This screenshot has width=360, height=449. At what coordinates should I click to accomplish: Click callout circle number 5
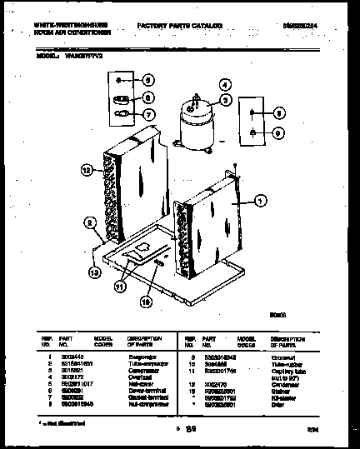point(148,82)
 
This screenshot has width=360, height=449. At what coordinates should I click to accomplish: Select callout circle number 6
point(148,97)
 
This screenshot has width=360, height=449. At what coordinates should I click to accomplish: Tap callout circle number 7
point(148,113)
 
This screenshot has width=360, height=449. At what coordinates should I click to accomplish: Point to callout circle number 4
point(224,84)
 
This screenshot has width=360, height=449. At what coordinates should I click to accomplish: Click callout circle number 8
point(278,112)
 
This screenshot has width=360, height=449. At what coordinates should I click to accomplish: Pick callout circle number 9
point(278,132)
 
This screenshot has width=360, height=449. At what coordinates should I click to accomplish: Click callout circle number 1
point(261,200)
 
